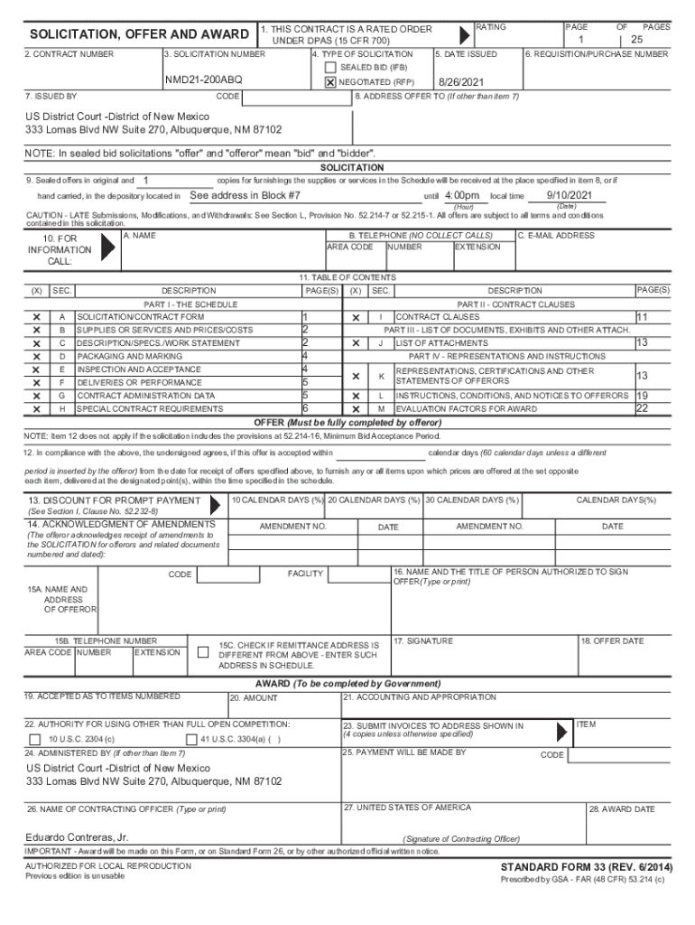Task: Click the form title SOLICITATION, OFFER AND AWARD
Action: pos(140,34)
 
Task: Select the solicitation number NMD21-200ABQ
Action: pos(203,80)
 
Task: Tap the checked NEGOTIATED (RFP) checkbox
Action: pos(330,81)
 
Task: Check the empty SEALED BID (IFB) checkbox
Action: pos(330,68)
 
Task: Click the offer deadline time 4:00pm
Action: pos(462,196)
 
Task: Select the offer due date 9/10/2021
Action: pos(570,195)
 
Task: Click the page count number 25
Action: pos(636,41)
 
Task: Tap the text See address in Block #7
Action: pos(245,196)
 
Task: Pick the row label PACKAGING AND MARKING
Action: pos(129,357)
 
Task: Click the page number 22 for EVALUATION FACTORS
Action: pos(642,408)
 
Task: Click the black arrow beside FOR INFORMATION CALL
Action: pos(108,249)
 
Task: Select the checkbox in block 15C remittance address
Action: pos(201,652)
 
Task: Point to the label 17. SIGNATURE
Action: pos(423,640)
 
